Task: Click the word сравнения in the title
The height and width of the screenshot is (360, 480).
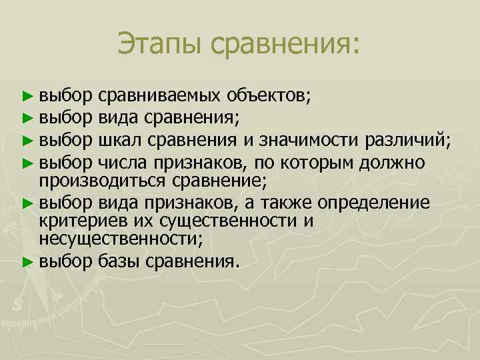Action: [x=283, y=44]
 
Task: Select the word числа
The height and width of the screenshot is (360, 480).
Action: [x=121, y=162]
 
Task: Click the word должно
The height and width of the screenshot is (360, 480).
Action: [x=389, y=162]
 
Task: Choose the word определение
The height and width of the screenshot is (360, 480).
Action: [x=378, y=201]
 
